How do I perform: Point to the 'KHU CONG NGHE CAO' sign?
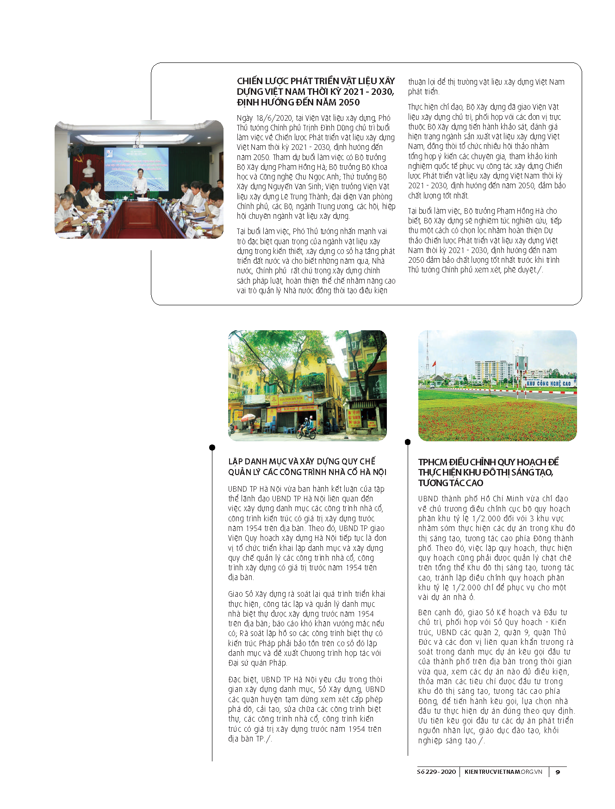(549, 383)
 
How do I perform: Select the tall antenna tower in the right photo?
(427, 352)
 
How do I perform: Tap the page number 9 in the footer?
(558, 772)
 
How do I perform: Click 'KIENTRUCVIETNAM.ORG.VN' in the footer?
(503, 772)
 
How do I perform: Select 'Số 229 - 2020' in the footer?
(436, 772)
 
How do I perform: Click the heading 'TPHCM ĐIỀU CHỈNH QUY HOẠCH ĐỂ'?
(488, 462)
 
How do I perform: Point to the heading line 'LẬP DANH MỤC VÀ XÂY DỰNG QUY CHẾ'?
(302, 461)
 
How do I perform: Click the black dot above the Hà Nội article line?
(212, 447)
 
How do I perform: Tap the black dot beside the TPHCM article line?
(408, 442)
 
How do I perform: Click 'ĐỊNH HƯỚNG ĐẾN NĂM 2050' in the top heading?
(298, 102)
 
